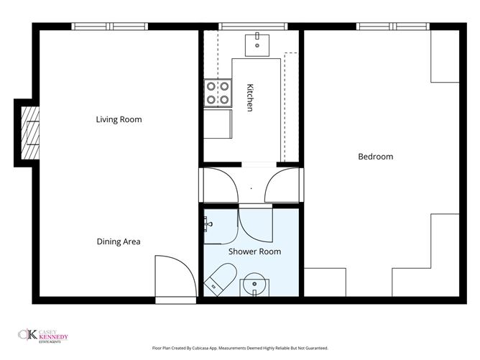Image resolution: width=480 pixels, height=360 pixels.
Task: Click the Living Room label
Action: [119, 119]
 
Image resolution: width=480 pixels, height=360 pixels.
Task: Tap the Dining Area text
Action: [119, 241]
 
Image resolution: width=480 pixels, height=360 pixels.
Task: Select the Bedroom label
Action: [375, 157]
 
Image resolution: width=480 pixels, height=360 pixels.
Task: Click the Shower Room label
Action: [254, 251]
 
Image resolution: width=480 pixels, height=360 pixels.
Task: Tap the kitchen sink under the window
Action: [257, 44]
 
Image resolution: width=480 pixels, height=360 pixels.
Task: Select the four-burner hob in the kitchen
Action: [218, 92]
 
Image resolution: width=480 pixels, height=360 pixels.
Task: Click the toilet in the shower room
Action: [219, 277]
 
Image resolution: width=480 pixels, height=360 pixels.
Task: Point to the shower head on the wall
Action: [208, 224]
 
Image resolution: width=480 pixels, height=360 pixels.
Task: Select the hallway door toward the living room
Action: [218, 185]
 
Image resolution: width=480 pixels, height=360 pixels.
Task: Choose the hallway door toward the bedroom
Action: [282, 185]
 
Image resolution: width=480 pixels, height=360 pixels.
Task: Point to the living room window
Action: [110, 27]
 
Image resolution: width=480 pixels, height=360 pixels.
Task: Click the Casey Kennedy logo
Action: [45, 335]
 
